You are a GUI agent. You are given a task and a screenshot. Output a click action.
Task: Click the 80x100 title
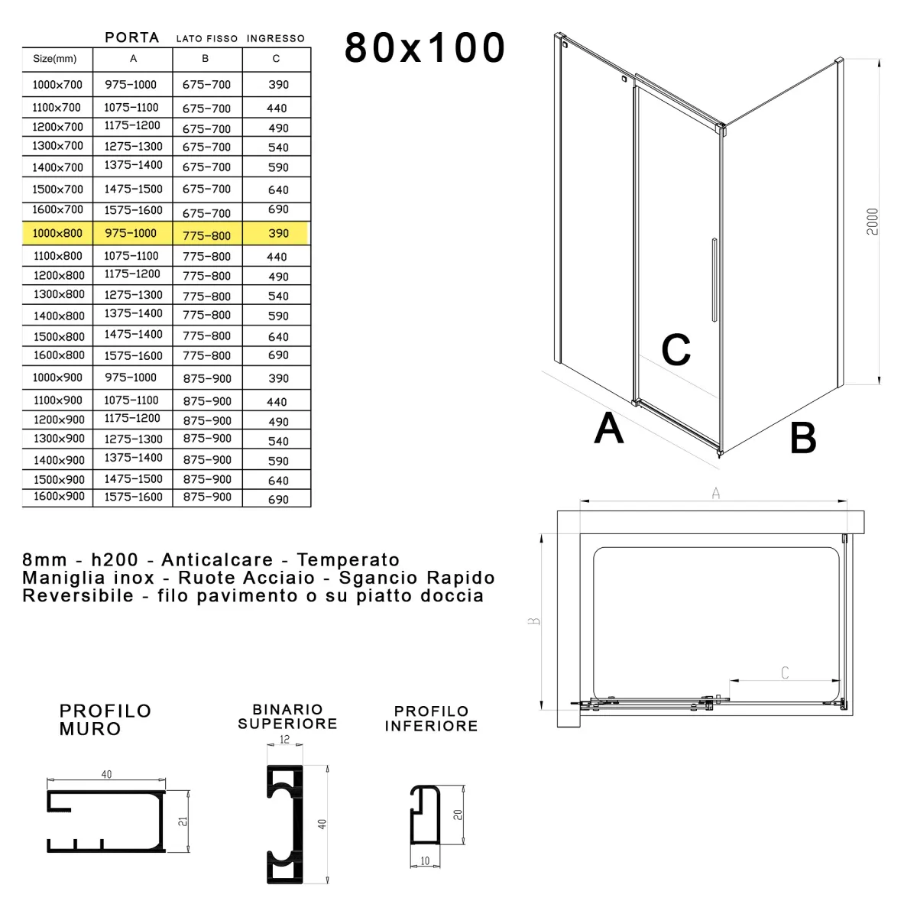point(425,47)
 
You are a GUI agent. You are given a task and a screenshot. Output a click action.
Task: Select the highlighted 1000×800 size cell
point(57,233)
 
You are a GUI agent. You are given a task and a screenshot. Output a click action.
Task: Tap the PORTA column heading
point(131,37)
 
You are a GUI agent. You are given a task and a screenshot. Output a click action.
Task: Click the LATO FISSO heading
point(207,38)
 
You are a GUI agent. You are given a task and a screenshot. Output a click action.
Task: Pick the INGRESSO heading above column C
point(276,38)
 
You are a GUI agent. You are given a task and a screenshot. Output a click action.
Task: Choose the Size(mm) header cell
point(55,59)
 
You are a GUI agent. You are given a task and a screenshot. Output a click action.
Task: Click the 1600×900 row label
point(59,497)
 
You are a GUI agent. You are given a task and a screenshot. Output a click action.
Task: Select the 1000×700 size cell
point(57,85)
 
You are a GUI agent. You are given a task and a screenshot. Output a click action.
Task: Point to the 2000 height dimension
point(873,222)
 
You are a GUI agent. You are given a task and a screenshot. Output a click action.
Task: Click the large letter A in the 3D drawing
point(609,428)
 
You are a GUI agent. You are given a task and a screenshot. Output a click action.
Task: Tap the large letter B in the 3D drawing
point(803,439)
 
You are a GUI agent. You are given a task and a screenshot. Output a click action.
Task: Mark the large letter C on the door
point(676,350)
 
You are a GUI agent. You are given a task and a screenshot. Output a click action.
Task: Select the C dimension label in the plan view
point(785,672)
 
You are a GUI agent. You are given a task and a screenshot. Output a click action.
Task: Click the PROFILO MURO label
point(105,720)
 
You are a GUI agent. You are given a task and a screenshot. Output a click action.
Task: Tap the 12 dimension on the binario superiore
point(285,740)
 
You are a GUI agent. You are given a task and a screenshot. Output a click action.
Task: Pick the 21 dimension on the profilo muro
point(183,821)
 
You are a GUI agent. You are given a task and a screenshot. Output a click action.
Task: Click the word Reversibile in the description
point(78,596)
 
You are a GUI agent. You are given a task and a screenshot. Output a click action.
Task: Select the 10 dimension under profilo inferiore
point(425,861)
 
